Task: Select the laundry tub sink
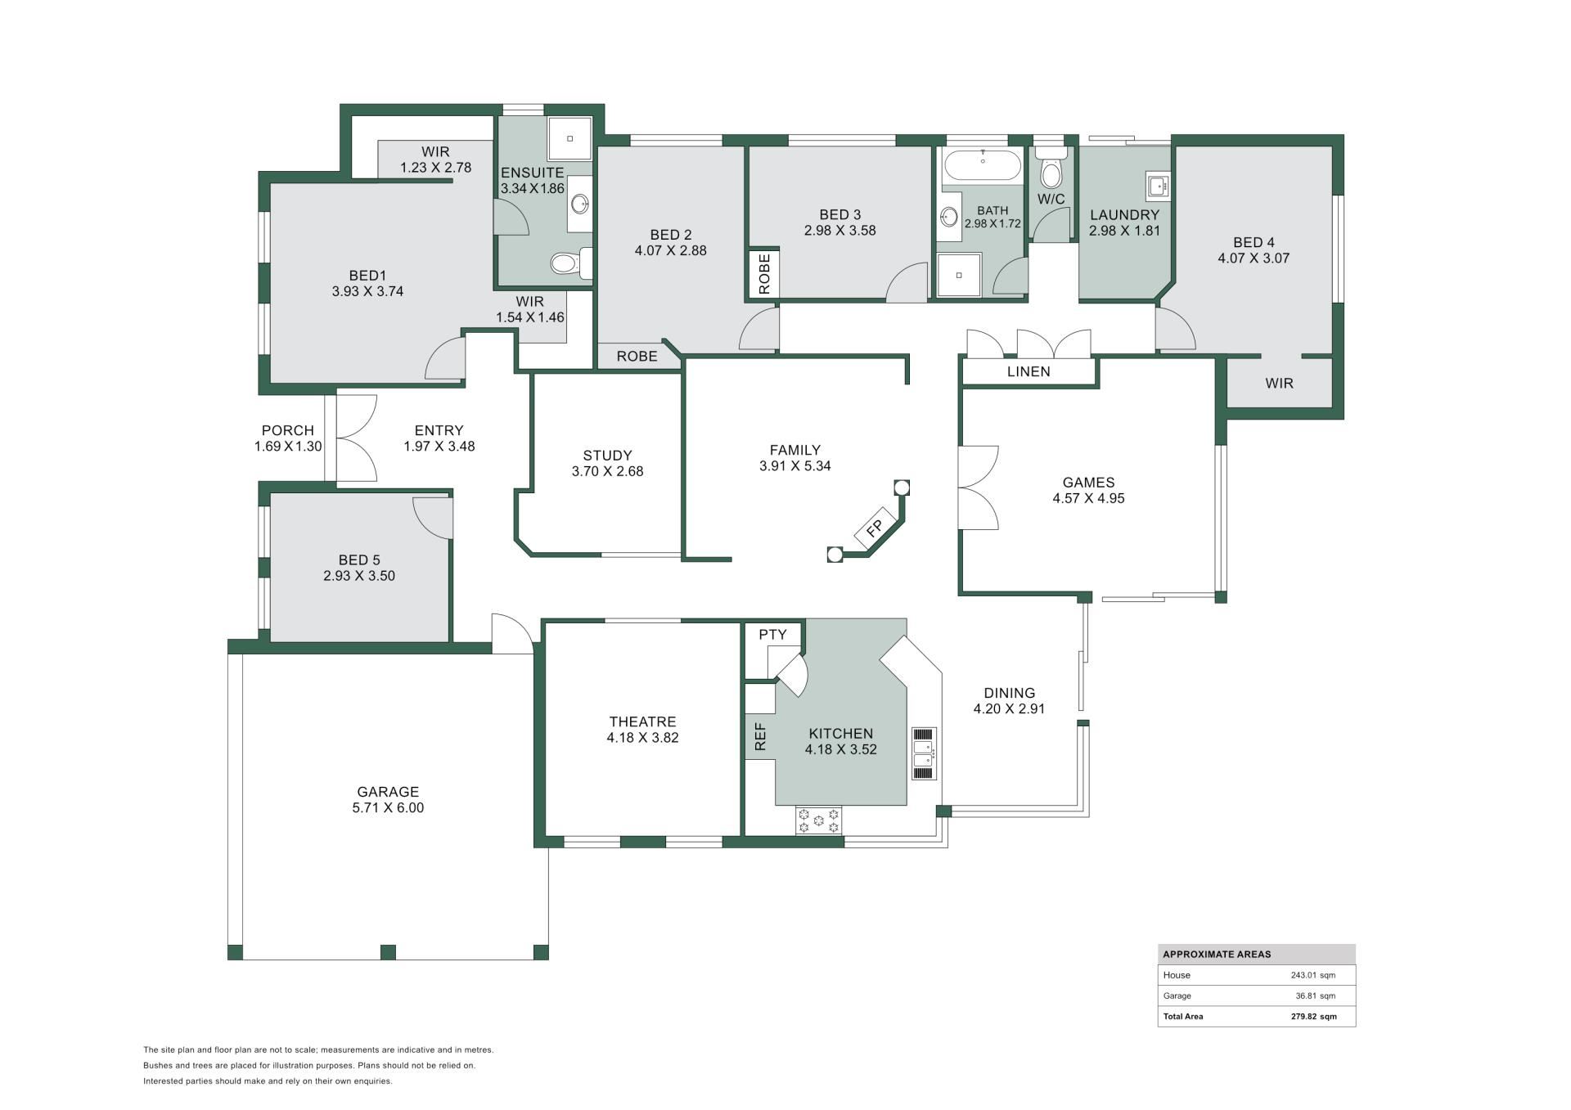click(x=1158, y=186)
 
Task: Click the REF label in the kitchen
click(x=760, y=737)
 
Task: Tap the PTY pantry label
click(x=772, y=635)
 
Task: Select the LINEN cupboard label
click(x=1029, y=371)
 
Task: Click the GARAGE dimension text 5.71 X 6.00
click(x=388, y=807)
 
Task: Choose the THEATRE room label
click(x=642, y=721)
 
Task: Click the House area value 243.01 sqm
click(x=1313, y=975)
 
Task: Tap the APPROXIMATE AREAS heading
click(x=1217, y=955)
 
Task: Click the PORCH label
click(x=288, y=430)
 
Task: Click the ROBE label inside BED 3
click(x=764, y=274)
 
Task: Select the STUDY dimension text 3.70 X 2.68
click(x=607, y=471)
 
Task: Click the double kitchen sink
click(x=925, y=753)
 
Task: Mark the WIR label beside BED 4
click(x=1280, y=383)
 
